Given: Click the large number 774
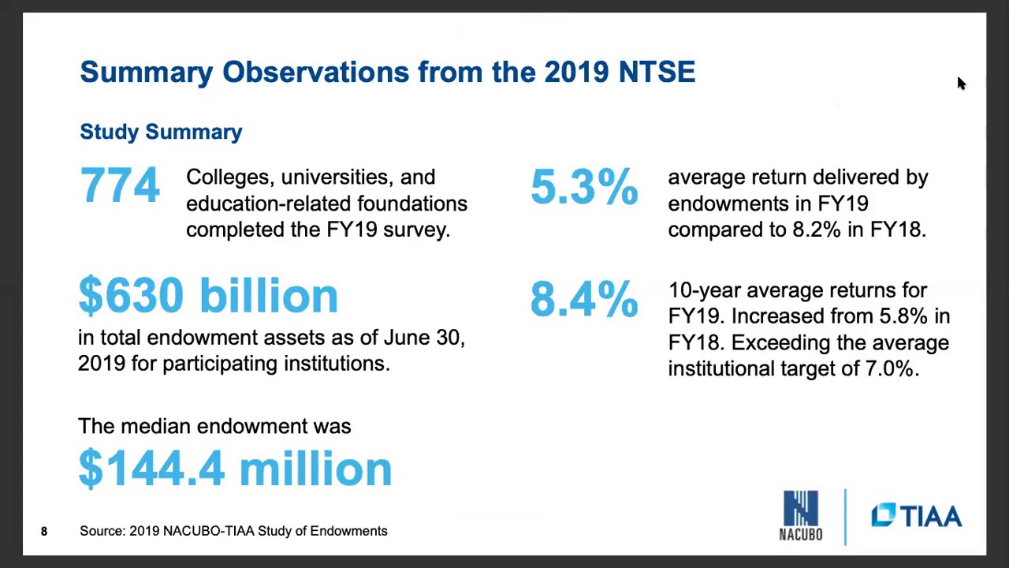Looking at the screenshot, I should click(120, 186).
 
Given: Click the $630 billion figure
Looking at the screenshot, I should click(208, 296).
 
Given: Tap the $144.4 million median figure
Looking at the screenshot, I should click(235, 469).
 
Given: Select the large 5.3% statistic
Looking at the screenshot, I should click(584, 188).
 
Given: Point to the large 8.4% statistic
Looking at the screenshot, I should click(584, 300).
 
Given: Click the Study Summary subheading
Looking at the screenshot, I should click(161, 132).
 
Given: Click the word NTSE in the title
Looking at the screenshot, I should click(657, 72).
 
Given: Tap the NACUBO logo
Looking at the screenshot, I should click(801, 516).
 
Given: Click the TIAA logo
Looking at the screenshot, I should click(917, 517).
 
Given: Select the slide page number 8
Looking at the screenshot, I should click(44, 532).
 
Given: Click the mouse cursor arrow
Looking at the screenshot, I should click(961, 84).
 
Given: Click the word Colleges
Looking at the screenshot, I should click(228, 178).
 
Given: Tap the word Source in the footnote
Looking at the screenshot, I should click(101, 531).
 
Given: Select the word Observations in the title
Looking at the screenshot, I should click(315, 72).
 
